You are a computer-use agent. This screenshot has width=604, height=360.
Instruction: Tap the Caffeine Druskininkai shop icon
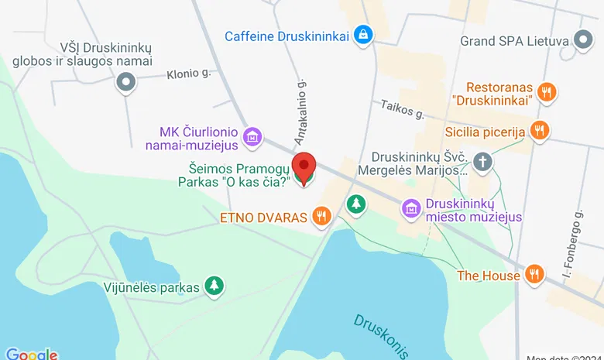pyautogui.click(x=362, y=35)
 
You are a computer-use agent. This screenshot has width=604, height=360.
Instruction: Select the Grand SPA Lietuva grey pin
pyautogui.click(x=582, y=41)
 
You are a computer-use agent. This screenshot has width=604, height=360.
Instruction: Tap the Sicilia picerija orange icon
pyautogui.click(x=540, y=132)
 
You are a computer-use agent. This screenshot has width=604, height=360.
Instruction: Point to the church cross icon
pyautogui.click(x=483, y=163)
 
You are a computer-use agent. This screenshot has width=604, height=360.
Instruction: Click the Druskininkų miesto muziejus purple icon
pyautogui.click(x=412, y=208)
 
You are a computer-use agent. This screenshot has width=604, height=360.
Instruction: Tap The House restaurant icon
pyautogui.click(x=534, y=274)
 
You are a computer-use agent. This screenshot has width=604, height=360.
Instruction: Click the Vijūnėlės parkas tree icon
pyautogui.click(x=214, y=286)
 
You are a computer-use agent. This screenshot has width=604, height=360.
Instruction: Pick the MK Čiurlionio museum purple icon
pyautogui.click(x=251, y=138)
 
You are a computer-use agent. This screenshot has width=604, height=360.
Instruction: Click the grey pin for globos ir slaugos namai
pyautogui.click(x=125, y=81)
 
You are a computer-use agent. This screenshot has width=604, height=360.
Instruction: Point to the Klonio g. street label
pyautogui.click(x=189, y=75)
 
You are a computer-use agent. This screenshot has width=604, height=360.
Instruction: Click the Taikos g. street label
pyautogui.click(x=402, y=110)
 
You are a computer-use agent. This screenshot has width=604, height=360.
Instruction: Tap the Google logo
pyautogui.click(x=31, y=354)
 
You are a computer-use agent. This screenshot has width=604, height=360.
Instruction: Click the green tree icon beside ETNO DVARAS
pyautogui.click(x=355, y=204)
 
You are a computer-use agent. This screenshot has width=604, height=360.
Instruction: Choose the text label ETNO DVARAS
pyautogui.click(x=264, y=218)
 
